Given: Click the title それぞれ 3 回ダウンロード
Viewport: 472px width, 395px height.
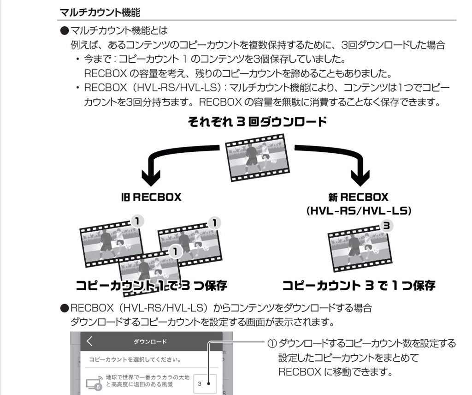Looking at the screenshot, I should tap(257, 122).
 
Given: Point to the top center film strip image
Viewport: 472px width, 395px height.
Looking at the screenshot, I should tap(254, 158).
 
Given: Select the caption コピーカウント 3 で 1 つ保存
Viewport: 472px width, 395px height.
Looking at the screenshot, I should tap(359, 286).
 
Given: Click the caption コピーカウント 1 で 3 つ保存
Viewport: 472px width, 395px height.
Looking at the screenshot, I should tap(151, 286).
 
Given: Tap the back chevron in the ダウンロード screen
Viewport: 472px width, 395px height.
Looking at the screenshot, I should tap(89, 341).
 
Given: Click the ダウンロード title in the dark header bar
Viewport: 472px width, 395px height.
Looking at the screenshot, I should tap(150, 342).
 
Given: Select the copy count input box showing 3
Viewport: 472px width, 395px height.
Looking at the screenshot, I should tap(205, 383).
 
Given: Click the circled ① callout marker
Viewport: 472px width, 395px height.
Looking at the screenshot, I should tap(272, 343).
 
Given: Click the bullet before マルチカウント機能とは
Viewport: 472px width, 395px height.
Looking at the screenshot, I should tap(64, 31).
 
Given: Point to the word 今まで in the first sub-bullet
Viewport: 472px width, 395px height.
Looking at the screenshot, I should tap(95, 60).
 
